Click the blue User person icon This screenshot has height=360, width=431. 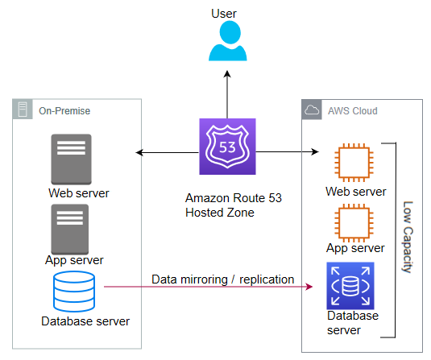[x=228, y=41]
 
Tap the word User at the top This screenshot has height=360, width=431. [x=224, y=14]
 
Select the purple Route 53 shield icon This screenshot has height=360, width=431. [x=227, y=147]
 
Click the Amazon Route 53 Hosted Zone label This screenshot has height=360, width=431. [x=234, y=205]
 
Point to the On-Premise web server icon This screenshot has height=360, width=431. [x=71, y=159]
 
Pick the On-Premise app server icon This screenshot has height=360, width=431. [x=70, y=230]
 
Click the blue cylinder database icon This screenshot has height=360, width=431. [x=74, y=292]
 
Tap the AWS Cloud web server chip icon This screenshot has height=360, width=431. [x=354, y=163]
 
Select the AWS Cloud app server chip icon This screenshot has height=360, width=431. [x=354, y=223]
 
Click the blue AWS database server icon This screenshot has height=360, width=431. [x=350, y=286]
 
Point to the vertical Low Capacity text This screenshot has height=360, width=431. [x=408, y=237]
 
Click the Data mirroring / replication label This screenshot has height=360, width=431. [x=222, y=279]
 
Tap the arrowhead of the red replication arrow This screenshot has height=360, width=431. [x=310, y=287]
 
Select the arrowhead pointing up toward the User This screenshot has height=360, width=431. [x=227, y=74]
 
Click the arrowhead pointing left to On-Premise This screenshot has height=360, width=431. [x=139, y=152]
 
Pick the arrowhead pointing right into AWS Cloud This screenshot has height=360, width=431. [x=315, y=151]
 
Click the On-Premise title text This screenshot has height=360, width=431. [x=64, y=111]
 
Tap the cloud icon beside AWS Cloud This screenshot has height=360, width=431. [x=312, y=110]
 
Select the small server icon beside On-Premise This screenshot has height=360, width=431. [x=23, y=109]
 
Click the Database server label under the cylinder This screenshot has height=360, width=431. [x=85, y=321]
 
